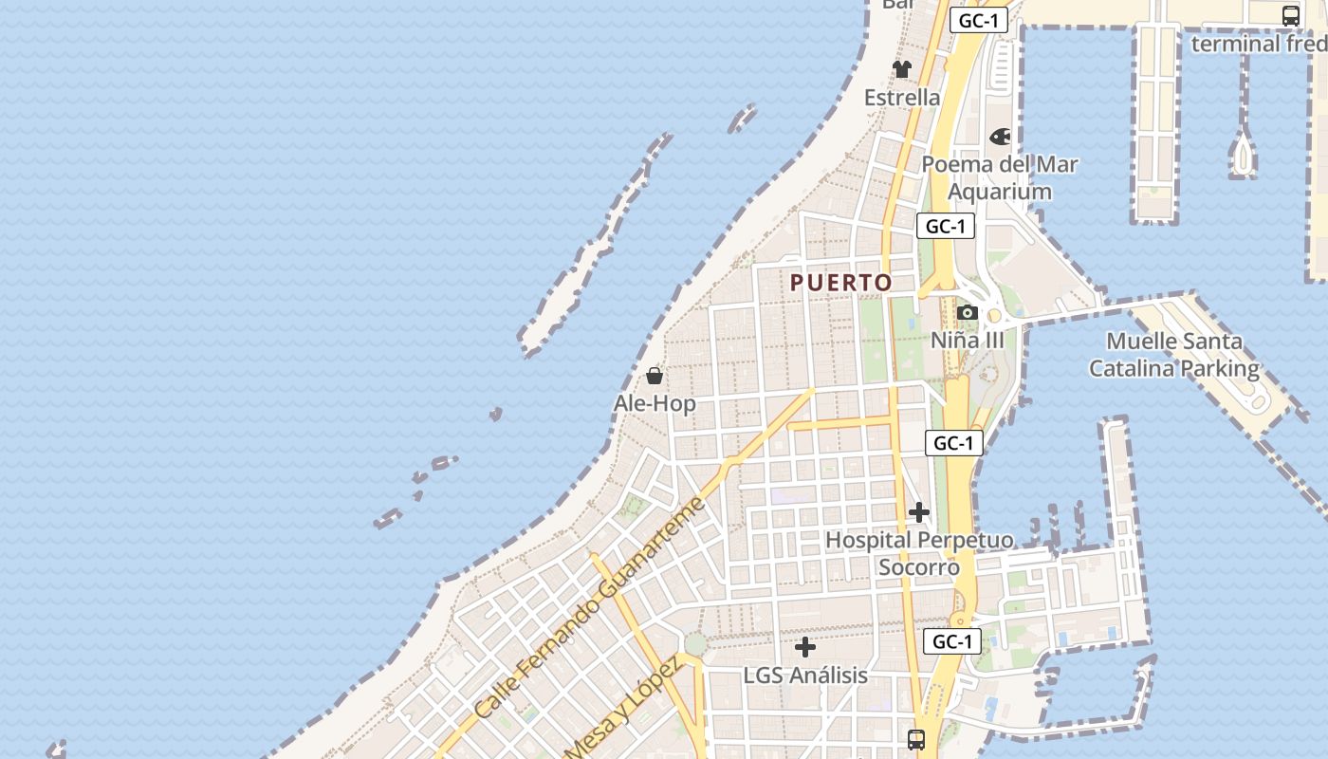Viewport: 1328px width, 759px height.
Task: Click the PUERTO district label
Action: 841,283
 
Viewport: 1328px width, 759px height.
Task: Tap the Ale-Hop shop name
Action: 655,403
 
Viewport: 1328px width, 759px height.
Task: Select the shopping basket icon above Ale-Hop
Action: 654,376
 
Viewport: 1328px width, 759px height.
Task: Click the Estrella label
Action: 902,97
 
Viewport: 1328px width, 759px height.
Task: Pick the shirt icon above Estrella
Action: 901,69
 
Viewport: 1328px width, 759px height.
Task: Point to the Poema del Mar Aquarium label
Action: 1000,177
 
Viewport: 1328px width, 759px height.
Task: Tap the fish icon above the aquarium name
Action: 1000,137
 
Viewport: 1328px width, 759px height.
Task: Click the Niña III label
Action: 967,340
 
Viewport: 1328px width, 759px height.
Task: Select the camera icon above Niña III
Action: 968,312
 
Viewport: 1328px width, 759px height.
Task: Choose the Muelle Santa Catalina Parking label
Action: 1174,355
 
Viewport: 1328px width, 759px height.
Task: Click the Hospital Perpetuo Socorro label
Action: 918,553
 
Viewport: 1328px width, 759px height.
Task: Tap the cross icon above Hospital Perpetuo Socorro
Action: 918,512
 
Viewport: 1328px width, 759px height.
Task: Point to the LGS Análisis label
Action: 805,675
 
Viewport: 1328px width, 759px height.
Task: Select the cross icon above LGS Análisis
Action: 805,647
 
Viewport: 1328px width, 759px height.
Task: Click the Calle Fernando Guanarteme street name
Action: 590,607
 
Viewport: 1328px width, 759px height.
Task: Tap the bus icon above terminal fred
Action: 1291,16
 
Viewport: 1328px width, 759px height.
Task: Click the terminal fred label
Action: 1259,44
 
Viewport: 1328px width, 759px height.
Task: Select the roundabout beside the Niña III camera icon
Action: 994,316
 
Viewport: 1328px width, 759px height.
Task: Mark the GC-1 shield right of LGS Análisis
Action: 952,641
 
